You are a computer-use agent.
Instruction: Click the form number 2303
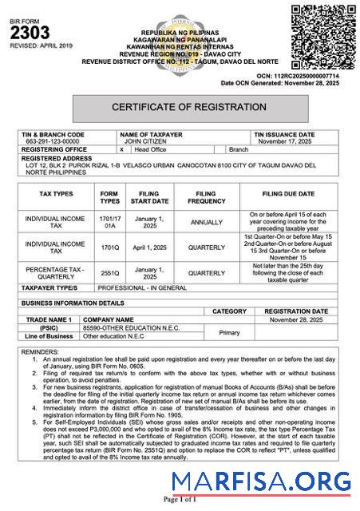point(30,33)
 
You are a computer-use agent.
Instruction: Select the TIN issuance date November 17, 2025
point(285,141)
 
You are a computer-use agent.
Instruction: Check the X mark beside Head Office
point(121,149)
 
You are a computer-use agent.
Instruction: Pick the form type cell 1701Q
point(109,248)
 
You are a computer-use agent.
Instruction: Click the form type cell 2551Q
point(109,273)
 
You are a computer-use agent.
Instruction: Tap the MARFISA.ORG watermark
point(261,481)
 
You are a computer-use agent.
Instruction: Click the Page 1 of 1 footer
point(180,500)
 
